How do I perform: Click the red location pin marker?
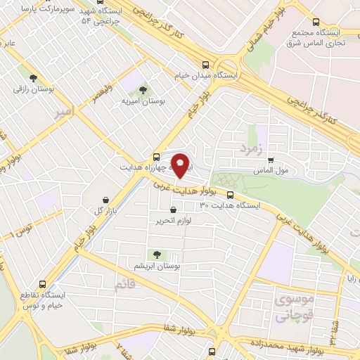180,165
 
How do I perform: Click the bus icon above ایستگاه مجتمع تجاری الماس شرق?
316,21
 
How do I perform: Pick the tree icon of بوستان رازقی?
33,78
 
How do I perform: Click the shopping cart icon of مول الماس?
271,160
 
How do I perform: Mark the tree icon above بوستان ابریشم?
156,255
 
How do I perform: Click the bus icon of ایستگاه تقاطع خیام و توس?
43,285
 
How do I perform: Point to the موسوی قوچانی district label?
296,309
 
